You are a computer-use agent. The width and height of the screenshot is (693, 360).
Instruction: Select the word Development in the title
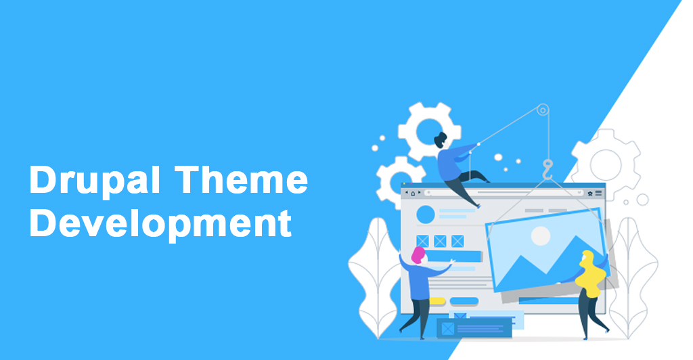(x=160, y=223)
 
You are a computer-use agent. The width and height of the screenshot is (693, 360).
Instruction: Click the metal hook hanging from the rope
(x=547, y=166)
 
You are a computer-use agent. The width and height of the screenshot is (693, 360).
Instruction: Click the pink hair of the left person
(x=418, y=254)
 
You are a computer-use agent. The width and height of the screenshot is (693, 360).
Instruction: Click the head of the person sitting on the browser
(x=441, y=140)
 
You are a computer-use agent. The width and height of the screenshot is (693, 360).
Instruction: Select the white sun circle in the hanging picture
(x=540, y=235)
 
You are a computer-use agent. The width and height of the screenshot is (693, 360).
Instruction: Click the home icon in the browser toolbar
(x=413, y=194)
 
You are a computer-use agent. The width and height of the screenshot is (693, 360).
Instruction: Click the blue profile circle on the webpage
(x=426, y=215)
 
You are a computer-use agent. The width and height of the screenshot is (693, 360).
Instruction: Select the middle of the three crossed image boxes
(x=440, y=240)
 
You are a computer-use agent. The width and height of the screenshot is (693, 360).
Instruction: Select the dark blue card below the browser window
(x=473, y=328)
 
